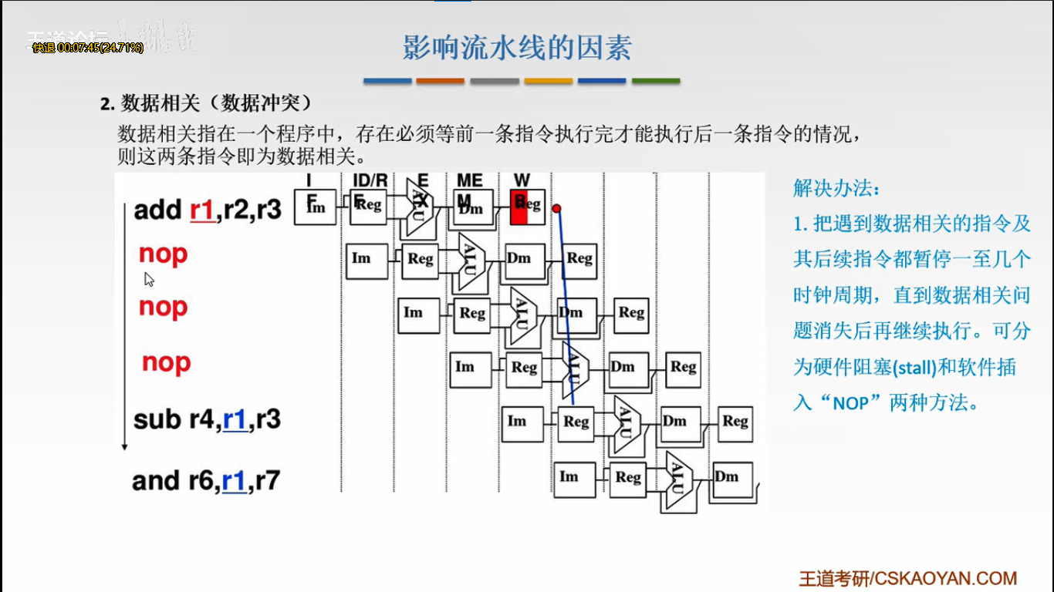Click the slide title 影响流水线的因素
517,48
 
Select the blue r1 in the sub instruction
235,419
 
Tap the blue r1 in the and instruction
234,481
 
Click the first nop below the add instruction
163,254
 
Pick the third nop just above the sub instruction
166,362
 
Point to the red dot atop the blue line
556,208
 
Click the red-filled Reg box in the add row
519,207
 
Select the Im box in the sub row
517,421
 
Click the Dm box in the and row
727,476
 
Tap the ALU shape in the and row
677,478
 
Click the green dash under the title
656,80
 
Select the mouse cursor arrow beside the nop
149,279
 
